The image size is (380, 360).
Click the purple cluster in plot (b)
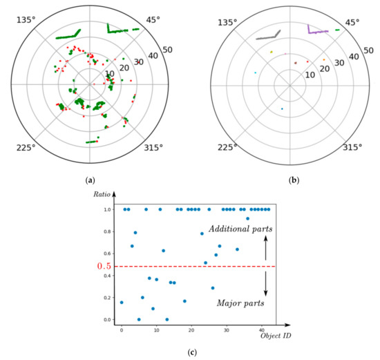[319, 30]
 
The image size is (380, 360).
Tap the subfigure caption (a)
[90, 180]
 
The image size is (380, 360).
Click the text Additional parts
[242, 228]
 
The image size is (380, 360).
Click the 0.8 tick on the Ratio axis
[108, 231]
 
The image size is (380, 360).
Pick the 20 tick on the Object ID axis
[191, 330]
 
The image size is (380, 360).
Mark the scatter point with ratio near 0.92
[247, 218]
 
